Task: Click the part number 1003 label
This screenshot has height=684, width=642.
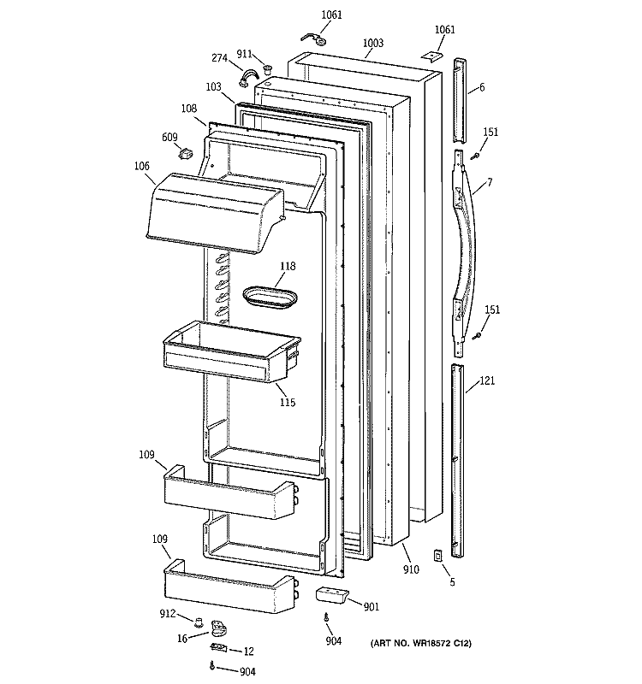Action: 372,43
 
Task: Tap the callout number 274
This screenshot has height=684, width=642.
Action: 220,58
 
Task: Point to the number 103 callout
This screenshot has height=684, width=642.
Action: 213,86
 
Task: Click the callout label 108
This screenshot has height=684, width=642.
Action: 188,109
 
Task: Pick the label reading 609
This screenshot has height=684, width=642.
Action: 169,136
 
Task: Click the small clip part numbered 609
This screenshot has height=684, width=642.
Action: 182,154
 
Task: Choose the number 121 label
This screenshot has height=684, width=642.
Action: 486,381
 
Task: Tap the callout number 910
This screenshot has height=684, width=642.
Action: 411,568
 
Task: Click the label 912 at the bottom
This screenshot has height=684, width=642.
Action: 169,613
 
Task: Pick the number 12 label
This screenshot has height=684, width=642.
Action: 248,652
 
